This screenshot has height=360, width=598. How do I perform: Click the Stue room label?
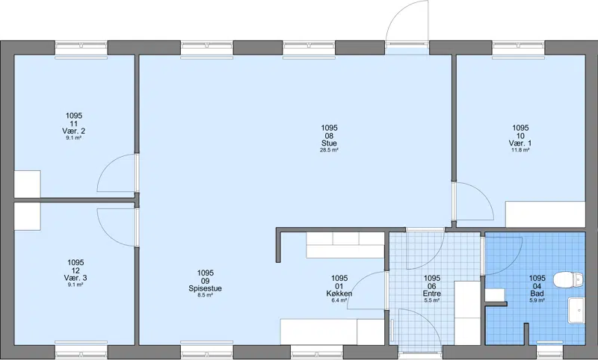329,143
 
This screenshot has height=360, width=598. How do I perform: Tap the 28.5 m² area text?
329,150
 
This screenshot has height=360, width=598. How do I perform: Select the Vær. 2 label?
73,131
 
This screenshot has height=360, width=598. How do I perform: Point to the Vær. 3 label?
75,278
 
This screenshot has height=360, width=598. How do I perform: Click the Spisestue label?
205,288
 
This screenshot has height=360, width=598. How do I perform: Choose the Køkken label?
339,294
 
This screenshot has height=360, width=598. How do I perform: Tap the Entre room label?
432,294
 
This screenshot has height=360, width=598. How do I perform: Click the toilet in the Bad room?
569,280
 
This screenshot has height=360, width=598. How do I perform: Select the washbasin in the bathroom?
576,311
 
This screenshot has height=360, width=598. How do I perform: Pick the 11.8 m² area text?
520,150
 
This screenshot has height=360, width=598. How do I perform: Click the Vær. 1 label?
520,143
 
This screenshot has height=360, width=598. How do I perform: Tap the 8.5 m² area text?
205,295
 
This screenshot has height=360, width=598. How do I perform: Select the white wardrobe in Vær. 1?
546,214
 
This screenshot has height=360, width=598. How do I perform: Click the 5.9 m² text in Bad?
537,300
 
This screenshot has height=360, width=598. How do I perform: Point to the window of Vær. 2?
81,48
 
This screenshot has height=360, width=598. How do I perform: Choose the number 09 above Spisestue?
205,281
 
